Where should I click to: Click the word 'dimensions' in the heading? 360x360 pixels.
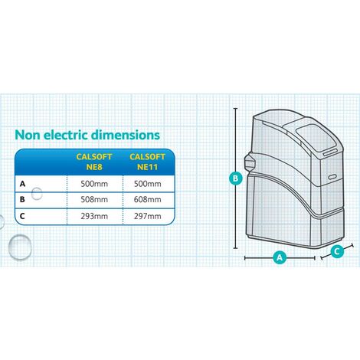[x=126, y=135]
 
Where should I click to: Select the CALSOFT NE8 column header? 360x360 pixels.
[x=94, y=162]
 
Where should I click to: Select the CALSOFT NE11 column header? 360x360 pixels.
[x=147, y=162]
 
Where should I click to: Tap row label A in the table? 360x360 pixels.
[x=22, y=184]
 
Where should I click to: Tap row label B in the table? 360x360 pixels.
[x=22, y=199]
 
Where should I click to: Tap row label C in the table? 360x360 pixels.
[x=22, y=216]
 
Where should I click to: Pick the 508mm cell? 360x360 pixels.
[x=94, y=199]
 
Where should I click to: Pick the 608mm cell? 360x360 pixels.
[x=148, y=199]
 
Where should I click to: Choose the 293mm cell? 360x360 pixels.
[x=94, y=216]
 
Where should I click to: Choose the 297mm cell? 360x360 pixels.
[x=148, y=216]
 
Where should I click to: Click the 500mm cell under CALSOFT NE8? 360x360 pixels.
[x=94, y=184]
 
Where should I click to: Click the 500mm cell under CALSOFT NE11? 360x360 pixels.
[x=148, y=184]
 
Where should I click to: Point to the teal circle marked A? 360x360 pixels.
[x=280, y=257]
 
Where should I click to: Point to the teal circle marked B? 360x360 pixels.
[x=236, y=178]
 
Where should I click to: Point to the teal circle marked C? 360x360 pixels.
[x=337, y=251]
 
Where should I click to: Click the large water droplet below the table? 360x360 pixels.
[x=20, y=247]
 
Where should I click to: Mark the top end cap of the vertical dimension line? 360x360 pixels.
[x=235, y=109]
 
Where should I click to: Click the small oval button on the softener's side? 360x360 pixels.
[x=332, y=177]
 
